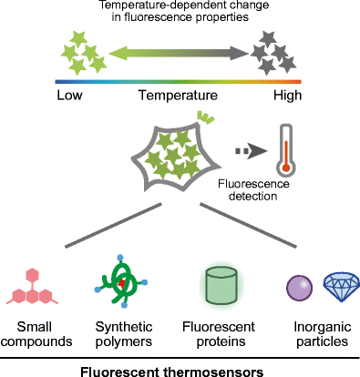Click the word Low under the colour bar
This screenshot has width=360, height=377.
tap(70, 95)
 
